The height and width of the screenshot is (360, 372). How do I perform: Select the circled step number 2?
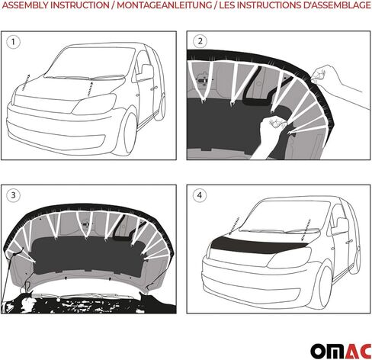tap(201, 41)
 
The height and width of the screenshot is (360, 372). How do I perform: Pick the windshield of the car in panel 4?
tap(276, 217)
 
